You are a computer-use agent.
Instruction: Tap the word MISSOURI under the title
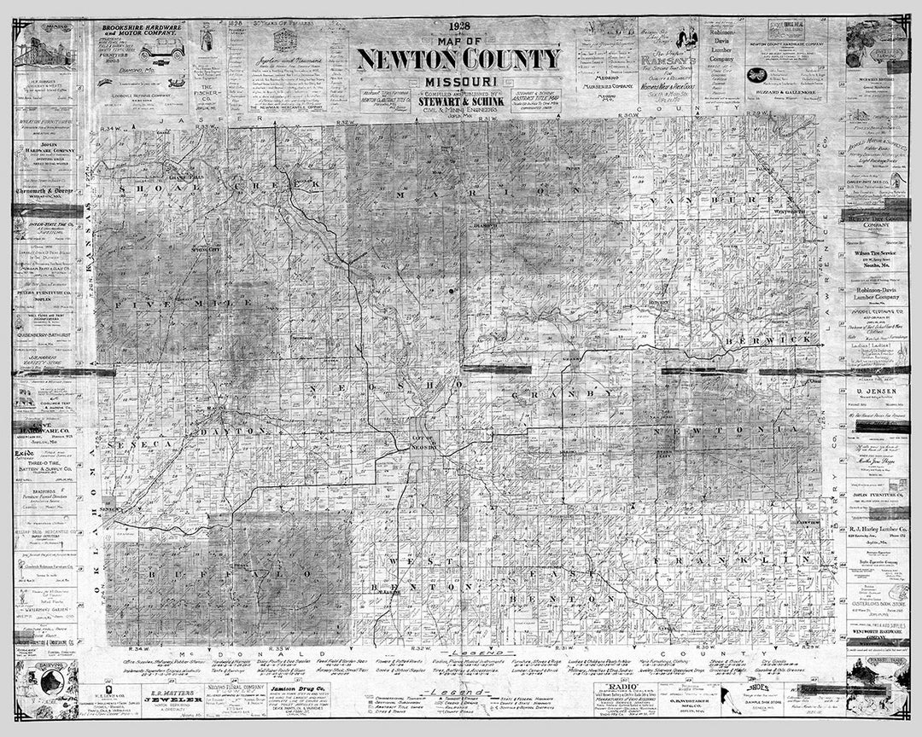tap(459, 81)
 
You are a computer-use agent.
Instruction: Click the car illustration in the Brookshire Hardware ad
tap(161, 49)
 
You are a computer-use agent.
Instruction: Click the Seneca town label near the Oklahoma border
tap(108, 509)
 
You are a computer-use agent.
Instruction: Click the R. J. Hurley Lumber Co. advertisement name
tap(877, 529)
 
